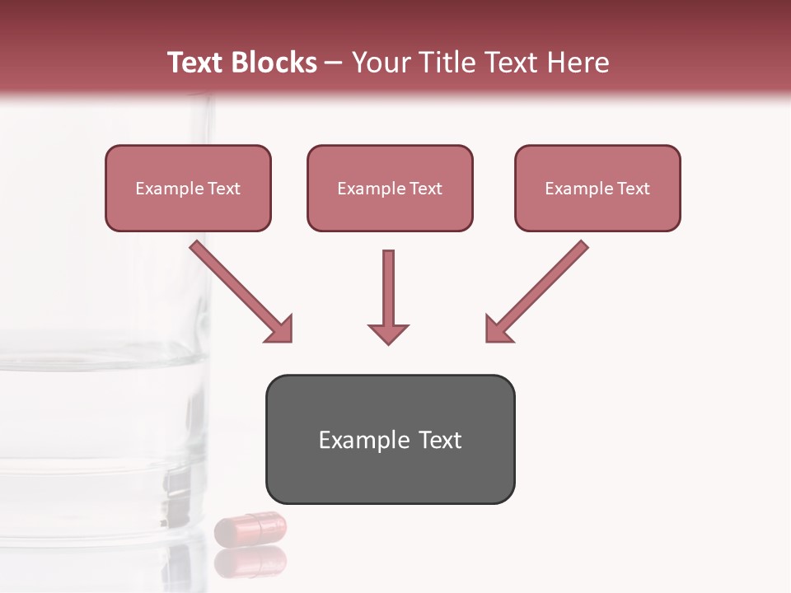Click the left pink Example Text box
pos(188,188)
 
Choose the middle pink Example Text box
pos(390,188)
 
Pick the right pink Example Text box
pos(597,188)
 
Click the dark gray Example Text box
pos(390,439)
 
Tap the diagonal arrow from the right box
pos(537,291)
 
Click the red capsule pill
pos(250,528)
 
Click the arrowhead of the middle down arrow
pos(388,333)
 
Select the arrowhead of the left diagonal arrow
pos(279,329)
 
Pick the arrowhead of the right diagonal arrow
pos(498,329)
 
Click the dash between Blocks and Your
pos(334,63)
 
